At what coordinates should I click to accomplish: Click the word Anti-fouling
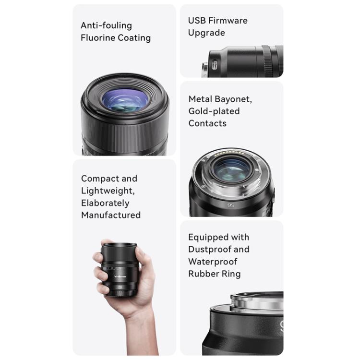pyautogui.click(x=106, y=25)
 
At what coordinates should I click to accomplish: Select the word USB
pyautogui.click(x=197, y=21)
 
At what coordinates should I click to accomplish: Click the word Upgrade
pyautogui.click(x=206, y=33)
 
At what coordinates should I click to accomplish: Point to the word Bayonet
pyautogui.click(x=233, y=99)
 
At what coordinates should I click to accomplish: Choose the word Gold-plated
pyautogui.click(x=214, y=111)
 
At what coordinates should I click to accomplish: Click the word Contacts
pyautogui.click(x=207, y=123)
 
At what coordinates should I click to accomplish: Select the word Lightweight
pyautogui.click(x=108, y=191)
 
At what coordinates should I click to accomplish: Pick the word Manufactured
pyautogui.click(x=111, y=216)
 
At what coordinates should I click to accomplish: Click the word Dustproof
pyautogui.click(x=207, y=250)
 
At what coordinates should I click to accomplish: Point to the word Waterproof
pyautogui.click(x=213, y=262)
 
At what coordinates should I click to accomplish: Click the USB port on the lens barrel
pyautogui.click(x=215, y=65)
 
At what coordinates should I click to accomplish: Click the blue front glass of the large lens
pyautogui.click(x=125, y=100)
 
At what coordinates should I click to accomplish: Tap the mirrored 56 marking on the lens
pyautogui.click(x=231, y=205)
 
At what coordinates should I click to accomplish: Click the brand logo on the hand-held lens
pyautogui.click(x=120, y=276)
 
